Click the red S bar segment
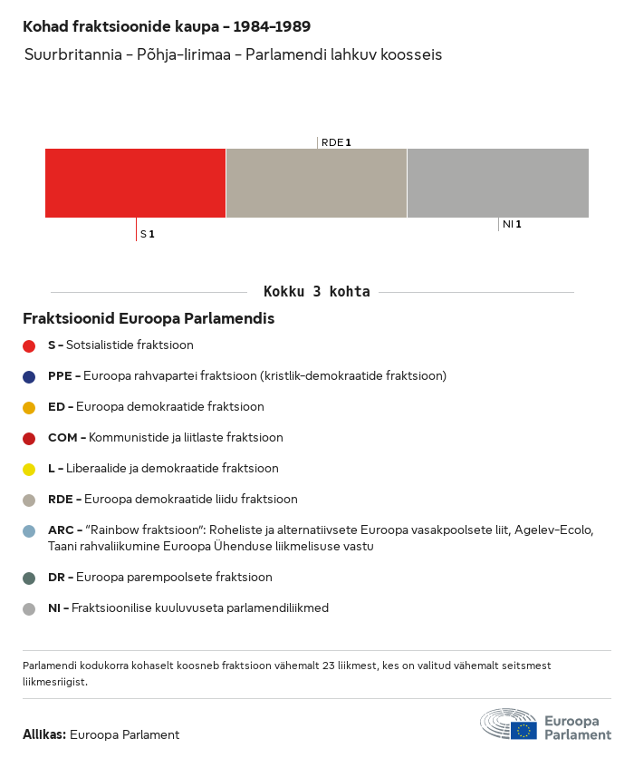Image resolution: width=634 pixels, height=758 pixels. coord(135,183)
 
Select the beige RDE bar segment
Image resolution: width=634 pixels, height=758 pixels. coord(316,183)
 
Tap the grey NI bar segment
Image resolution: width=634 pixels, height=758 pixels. coord(498,183)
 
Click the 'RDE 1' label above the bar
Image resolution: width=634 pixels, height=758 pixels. coord(336,142)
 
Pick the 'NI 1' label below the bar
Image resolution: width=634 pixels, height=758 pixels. coord(512,224)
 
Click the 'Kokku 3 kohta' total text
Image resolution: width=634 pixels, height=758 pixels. coord(316,292)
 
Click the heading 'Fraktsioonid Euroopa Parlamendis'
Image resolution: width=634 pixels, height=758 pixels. coord(149,319)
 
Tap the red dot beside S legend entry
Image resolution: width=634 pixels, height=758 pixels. coord(29,345)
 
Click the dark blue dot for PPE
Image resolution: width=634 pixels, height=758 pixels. coord(29,376)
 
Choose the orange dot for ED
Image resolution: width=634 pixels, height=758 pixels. coord(29,407)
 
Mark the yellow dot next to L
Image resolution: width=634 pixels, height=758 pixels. coord(29,470)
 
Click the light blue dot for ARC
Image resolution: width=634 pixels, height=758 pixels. coord(29,531)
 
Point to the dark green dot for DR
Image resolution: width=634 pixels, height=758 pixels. coord(29,578)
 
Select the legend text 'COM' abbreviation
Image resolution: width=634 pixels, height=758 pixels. coord(62,438)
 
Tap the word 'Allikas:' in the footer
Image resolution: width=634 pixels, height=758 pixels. coord(44,734)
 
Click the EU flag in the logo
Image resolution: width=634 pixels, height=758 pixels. coord(524,730)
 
